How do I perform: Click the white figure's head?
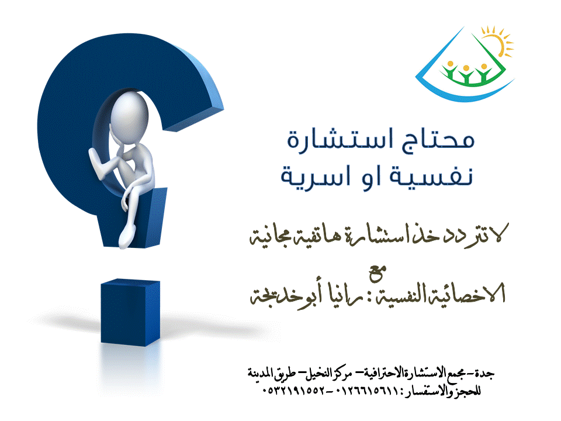point(129,118)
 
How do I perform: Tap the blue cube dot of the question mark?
point(130,312)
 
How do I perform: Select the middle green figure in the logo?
point(466,74)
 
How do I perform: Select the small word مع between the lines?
point(378,273)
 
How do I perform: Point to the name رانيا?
point(343,295)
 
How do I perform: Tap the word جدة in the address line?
point(487,374)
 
